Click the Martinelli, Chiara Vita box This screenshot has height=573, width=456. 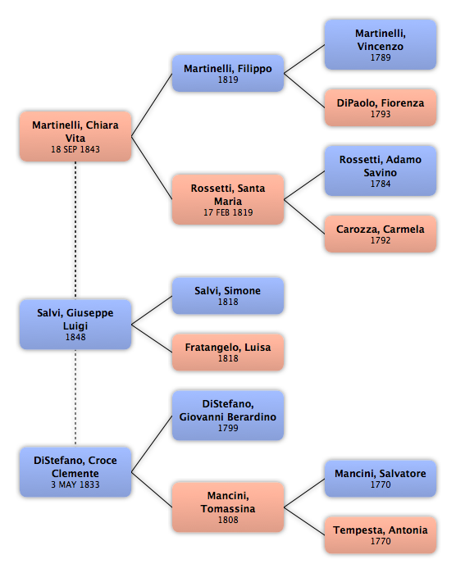pyautogui.click(x=75, y=136)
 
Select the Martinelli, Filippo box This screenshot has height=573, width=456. pyautogui.click(x=228, y=73)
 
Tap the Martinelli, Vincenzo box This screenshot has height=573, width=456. pyautogui.click(x=381, y=44)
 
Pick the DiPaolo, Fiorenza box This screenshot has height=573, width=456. pyautogui.click(x=381, y=108)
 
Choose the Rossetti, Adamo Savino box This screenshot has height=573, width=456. pyautogui.click(x=381, y=171)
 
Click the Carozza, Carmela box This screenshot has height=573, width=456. pyautogui.click(x=381, y=234)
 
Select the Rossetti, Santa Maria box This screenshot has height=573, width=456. pyautogui.click(x=228, y=199)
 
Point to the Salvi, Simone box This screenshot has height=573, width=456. pyautogui.click(x=228, y=296)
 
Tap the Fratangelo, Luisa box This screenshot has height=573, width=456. pyautogui.click(x=228, y=352)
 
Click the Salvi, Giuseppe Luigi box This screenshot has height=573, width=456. pyautogui.click(x=75, y=324)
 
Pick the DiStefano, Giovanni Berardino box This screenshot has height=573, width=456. pyautogui.click(x=228, y=415)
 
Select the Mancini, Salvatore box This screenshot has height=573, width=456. pyautogui.click(x=381, y=479)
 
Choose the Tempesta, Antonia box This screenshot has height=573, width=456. pyautogui.click(x=381, y=535)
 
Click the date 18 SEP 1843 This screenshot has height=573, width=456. pyautogui.click(x=75, y=149)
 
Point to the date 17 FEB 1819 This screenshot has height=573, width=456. pyautogui.click(x=228, y=212)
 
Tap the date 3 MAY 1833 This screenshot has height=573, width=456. pyautogui.click(x=75, y=484)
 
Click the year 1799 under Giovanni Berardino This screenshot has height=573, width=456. pyautogui.click(x=228, y=428)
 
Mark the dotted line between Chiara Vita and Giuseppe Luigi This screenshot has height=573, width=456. pyautogui.click(x=75, y=230)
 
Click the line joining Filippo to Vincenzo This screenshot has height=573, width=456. pyautogui.click(x=304, y=59)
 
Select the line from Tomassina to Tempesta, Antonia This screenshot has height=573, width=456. pyautogui.click(x=304, y=521)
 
